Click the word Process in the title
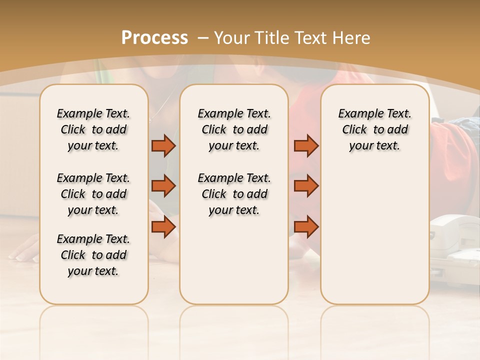click(154, 38)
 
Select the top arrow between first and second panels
click(163, 145)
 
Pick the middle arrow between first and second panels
click(163, 186)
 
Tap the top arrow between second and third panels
click(306, 145)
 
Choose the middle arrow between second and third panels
click(306, 186)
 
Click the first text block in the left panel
click(93, 129)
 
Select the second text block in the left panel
click(93, 194)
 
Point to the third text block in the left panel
click(93, 255)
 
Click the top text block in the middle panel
click(234, 129)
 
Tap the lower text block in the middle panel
click(234, 194)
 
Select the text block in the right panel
click(374, 129)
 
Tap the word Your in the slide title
click(232, 38)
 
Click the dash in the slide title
click(203, 38)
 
